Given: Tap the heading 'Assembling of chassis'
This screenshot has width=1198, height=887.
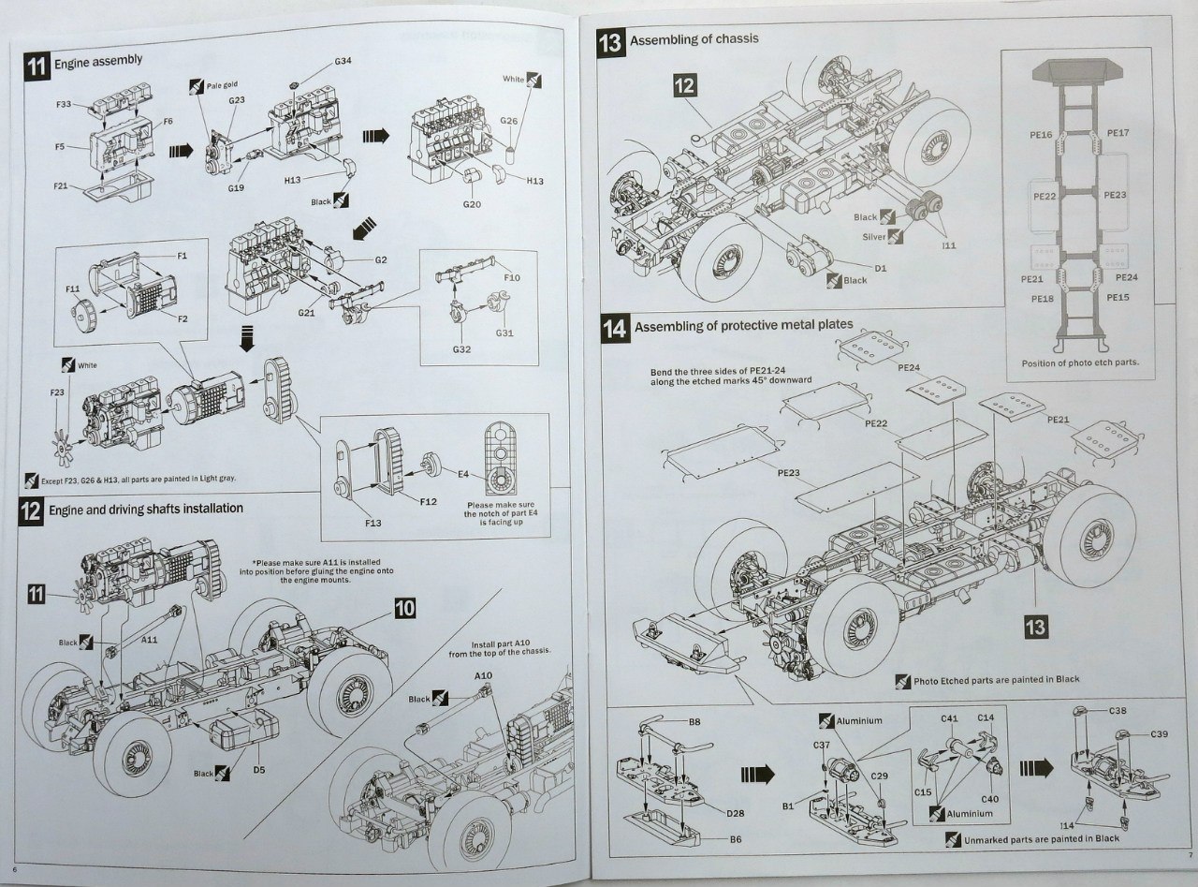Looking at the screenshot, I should pyautogui.click(x=694, y=40).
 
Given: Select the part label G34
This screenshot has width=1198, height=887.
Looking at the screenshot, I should pyautogui.click(x=343, y=62).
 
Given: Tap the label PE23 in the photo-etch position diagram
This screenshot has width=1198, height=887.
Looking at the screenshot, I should pyautogui.click(x=1115, y=195).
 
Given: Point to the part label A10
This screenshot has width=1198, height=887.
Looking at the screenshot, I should pyautogui.click(x=483, y=675).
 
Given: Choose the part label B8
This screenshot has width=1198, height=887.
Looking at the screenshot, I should pyautogui.click(x=694, y=722).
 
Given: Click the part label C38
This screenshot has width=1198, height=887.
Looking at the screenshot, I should pyautogui.click(x=1118, y=710).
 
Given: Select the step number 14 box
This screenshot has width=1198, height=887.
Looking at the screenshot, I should pyautogui.click(x=615, y=329).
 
